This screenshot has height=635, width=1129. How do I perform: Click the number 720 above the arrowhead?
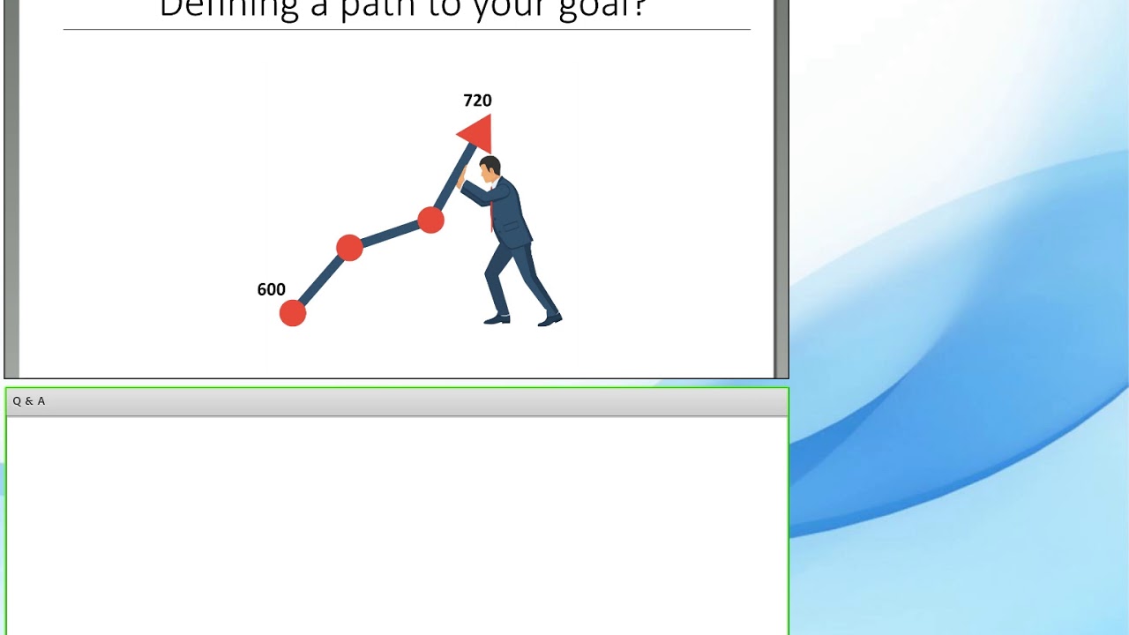pos(477,101)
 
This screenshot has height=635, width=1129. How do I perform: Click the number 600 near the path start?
pos(271,289)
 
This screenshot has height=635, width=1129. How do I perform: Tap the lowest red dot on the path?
pos(293,313)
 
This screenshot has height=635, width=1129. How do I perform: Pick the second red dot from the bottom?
pos(349,248)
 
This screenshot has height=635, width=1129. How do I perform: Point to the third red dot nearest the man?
pos(430,220)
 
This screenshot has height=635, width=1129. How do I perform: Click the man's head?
pos(490,168)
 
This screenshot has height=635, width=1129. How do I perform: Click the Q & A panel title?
pos(29,401)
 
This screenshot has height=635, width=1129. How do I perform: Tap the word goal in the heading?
pos(609,9)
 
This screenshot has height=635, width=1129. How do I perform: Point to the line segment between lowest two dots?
pos(320,281)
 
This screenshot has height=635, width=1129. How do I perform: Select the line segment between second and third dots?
pos(390,234)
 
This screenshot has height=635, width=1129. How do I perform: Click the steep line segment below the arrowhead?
pos(452,181)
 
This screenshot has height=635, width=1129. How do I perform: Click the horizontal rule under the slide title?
pos(406,30)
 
